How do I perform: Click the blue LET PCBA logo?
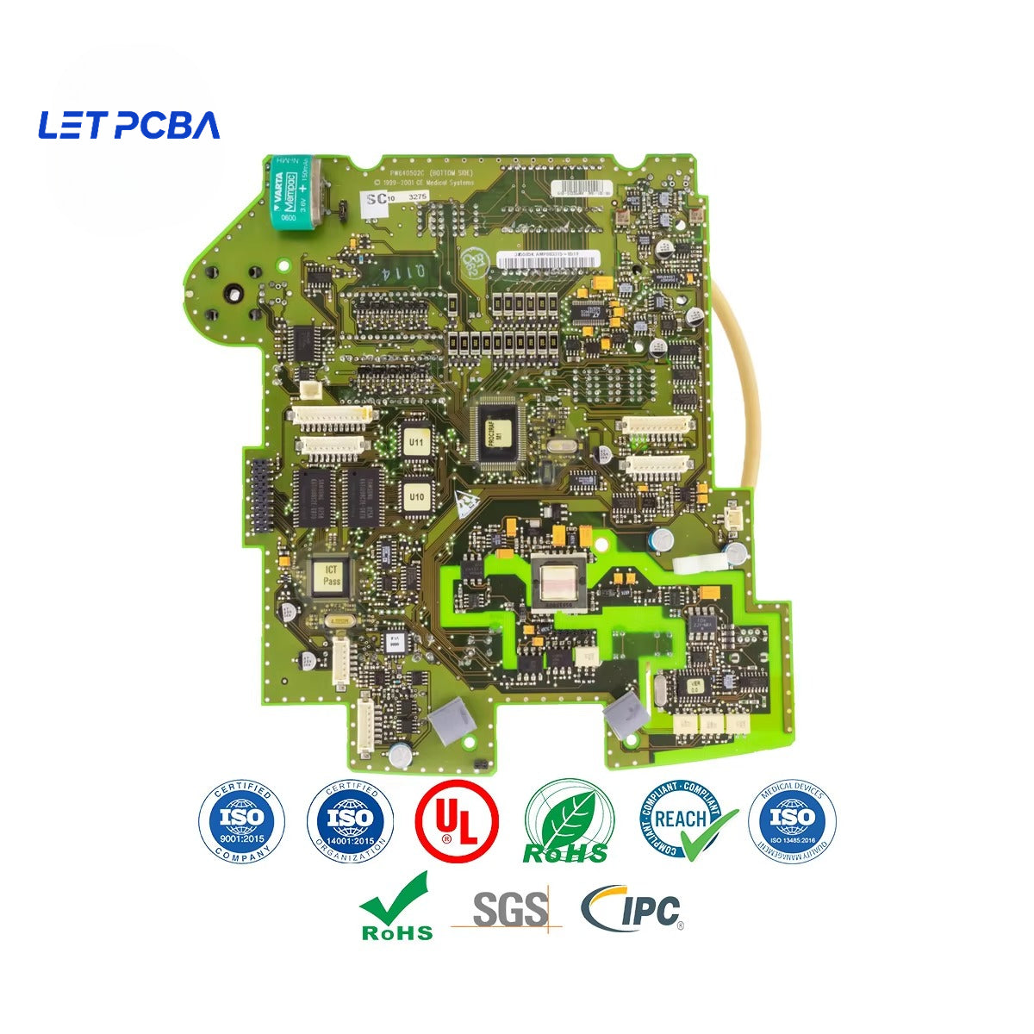[129, 126]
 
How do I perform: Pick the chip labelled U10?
[416, 497]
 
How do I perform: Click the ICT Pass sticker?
[332, 576]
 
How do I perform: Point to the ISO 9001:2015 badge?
[242, 819]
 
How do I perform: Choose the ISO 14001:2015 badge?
[351, 819]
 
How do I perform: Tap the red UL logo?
[457, 820]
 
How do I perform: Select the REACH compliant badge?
[686, 819]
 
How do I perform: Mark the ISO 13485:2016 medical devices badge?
[792, 819]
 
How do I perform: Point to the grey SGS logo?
[509, 910]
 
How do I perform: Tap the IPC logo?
[633, 910]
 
